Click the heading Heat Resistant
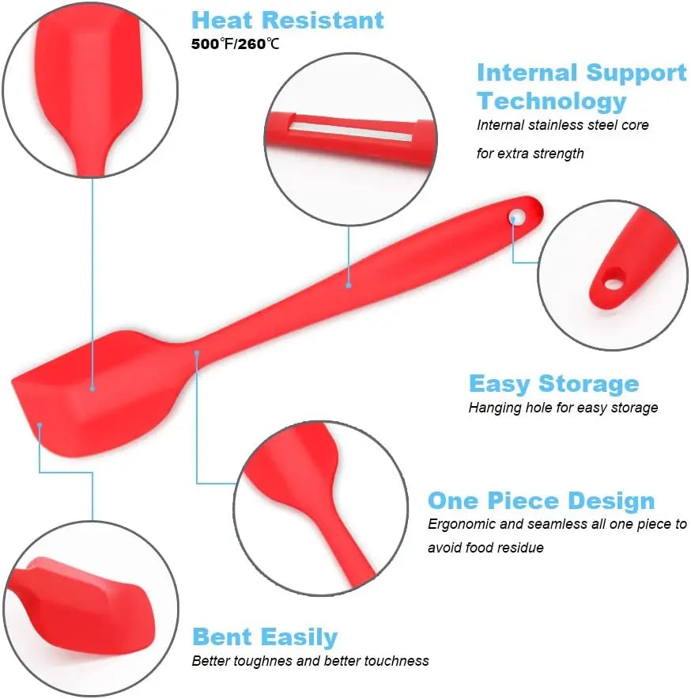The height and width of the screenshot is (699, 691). (x=288, y=20)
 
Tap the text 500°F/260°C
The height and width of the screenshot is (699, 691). (x=235, y=44)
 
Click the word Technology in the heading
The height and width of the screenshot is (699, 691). (x=551, y=101)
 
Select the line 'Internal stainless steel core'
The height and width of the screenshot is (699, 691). (x=562, y=125)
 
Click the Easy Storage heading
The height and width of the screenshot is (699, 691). (x=553, y=384)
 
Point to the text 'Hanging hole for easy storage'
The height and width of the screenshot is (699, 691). (x=563, y=408)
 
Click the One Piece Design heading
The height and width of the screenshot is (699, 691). (x=541, y=501)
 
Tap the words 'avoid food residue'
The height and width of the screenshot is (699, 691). (x=485, y=548)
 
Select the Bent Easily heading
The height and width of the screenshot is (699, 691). (x=265, y=637)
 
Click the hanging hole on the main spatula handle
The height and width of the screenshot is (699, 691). (x=518, y=215)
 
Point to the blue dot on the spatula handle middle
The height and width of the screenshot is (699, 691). (x=348, y=283)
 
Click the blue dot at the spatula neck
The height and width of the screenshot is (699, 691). (x=197, y=352)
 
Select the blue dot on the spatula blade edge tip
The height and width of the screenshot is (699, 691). (x=39, y=426)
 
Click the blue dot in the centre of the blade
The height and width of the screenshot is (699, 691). (x=93, y=388)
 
